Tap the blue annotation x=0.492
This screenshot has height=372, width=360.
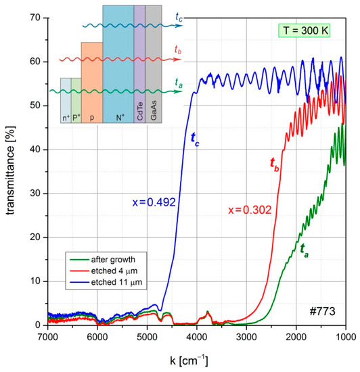[x=150, y=201]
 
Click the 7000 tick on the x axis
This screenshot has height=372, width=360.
[x=48, y=335]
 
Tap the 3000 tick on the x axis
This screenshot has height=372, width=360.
[x=246, y=335]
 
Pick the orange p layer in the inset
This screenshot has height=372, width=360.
[x=91, y=81]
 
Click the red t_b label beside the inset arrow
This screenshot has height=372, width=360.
[x=178, y=50]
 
